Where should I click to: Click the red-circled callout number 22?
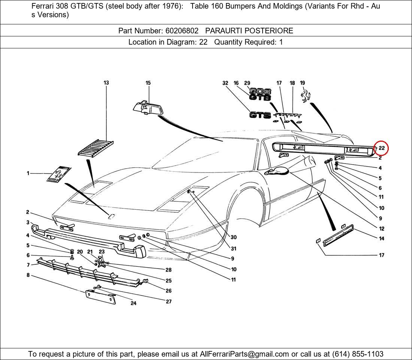(x=381, y=148)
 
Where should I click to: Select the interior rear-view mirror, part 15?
(x=148, y=108)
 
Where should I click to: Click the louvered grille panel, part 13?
(x=96, y=147)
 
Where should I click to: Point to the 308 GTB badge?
(x=260, y=94)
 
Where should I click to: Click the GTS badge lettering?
(x=260, y=115)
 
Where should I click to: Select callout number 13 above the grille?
(x=106, y=83)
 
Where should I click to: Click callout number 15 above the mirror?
(x=148, y=83)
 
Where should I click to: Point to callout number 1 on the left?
(x=28, y=173)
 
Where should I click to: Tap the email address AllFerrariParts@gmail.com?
(x=245, y=354)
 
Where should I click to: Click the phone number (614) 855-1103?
(x=357, y=354)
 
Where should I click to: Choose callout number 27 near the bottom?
(x=169, y=301)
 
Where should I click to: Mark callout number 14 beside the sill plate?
(x=381, y=238)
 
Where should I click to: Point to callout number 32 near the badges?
(x=225, y=83)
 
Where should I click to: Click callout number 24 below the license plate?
(x=133, y=303)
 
